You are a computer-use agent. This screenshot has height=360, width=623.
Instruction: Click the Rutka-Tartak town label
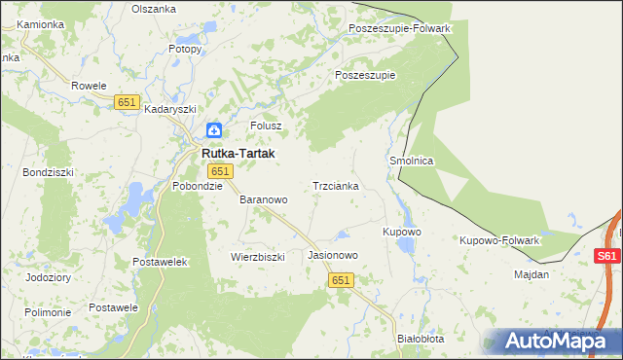(x=238, y=154)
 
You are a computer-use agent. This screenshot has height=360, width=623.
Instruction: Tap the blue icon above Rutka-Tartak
(x=214, y=130)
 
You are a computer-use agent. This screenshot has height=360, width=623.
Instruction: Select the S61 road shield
(x=606, y=256)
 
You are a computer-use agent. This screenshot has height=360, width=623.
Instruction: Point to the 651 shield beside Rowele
(x=127, y=102)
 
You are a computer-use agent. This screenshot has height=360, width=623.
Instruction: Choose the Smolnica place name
(x=411, y=161)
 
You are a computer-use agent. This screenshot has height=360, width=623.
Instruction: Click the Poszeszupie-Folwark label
(x=399, y=28)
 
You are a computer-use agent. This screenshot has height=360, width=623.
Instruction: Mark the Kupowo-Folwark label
(x=499, y=239)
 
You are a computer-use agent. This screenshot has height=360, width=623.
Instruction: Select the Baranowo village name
(x=264, y=199)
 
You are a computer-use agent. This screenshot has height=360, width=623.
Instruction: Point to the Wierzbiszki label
(x=257, y=257)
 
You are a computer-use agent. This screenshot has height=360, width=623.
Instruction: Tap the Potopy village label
(x=184, y=48)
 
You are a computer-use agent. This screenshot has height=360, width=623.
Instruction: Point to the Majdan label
(x=531, y=274)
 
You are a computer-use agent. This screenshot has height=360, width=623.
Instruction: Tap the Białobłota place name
(x=421, y=339)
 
